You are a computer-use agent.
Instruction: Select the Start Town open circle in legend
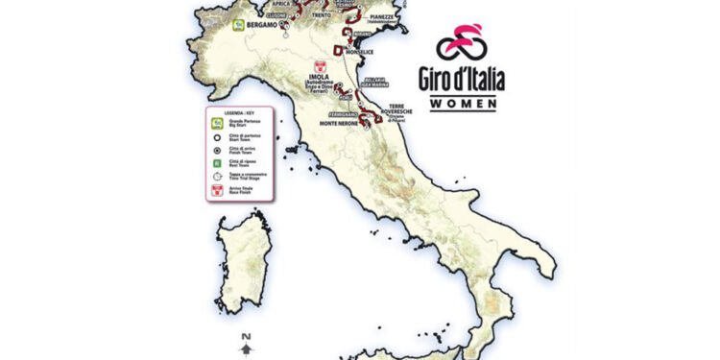pos(217,137)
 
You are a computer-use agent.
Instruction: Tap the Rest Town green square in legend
pos(217,163)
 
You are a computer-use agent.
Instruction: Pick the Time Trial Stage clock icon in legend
pos(217,177)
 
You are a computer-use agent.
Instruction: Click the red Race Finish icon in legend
pos(217,192)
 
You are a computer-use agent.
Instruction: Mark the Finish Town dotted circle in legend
pos(217,150)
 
